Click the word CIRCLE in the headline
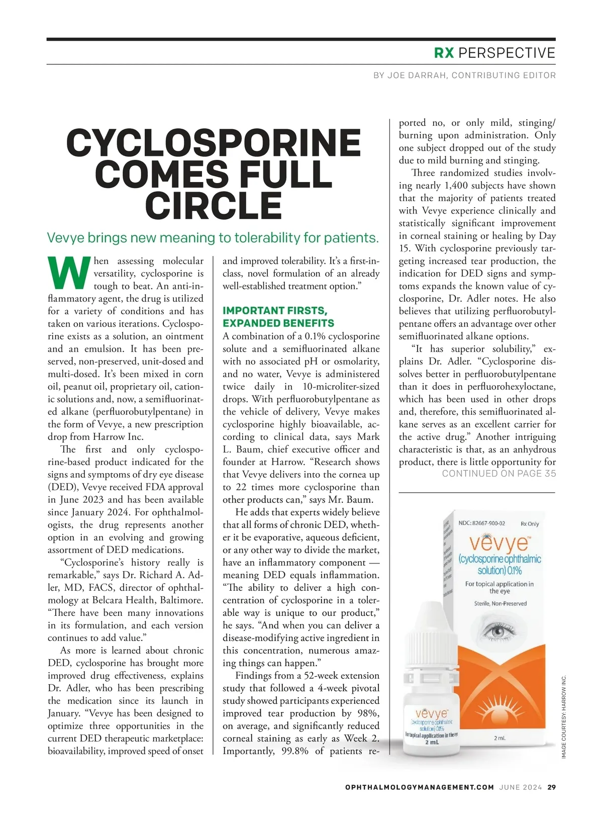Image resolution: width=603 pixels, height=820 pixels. click(214, 206)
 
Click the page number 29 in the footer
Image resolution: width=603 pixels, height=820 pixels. click(552, 787)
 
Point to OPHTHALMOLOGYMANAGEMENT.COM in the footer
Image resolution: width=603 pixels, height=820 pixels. click(420, 787)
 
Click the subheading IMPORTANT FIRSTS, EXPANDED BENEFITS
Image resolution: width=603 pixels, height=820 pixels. click(278, 317)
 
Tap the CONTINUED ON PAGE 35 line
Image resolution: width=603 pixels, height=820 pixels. click(499, 474)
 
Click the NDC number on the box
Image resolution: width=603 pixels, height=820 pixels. click(482, 523)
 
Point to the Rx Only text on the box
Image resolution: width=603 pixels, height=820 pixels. click(530, 524)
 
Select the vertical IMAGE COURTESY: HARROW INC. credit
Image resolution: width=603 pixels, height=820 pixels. click(564, 717)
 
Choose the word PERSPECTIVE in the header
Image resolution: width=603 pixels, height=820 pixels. click(507, 53)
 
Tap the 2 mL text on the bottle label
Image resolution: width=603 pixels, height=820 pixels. click(431, 742)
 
